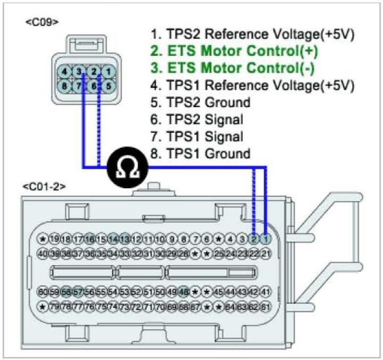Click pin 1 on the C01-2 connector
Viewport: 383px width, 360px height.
point(266,239)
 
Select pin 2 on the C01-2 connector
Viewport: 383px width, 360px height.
point(254,239)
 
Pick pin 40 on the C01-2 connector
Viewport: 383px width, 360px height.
point(44,253)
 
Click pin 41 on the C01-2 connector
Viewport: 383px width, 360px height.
point(266,292)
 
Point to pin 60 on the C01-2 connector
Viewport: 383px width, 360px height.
point(44,292)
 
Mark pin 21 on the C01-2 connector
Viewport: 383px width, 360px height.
point(266,253)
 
